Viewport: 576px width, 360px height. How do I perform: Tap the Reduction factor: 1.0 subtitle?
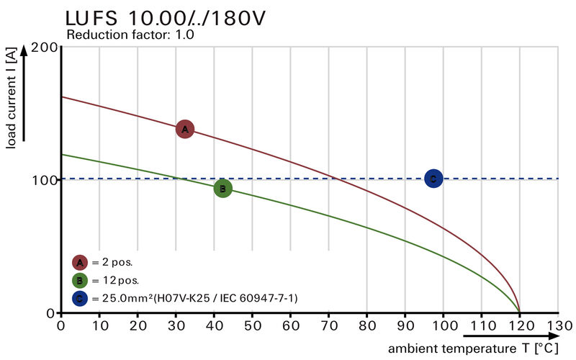click(x=130, y=35)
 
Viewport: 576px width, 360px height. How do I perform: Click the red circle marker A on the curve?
click(x=185, y=130)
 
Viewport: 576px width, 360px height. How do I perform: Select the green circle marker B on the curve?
click(x=223, y=189)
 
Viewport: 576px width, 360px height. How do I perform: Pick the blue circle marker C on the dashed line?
click(x=433, y=179)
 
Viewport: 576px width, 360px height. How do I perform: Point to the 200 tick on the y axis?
click(x=43, y=48)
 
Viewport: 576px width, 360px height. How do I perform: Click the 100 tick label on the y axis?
click(x=43, y=179)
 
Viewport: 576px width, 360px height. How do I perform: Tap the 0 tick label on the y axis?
click(x=50, y=312)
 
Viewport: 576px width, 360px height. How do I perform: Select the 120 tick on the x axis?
click(x=520, y=325)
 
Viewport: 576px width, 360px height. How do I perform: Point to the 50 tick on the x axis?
click(x=252, y=325)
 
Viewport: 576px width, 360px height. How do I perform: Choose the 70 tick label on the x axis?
click(x=328, y=325)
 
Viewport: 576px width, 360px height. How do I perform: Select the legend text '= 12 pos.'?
click(x=114, y=280)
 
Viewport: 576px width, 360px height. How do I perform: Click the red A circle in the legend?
click(x=80, y=262)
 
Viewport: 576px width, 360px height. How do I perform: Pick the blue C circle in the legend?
click(x=80, y=298)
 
